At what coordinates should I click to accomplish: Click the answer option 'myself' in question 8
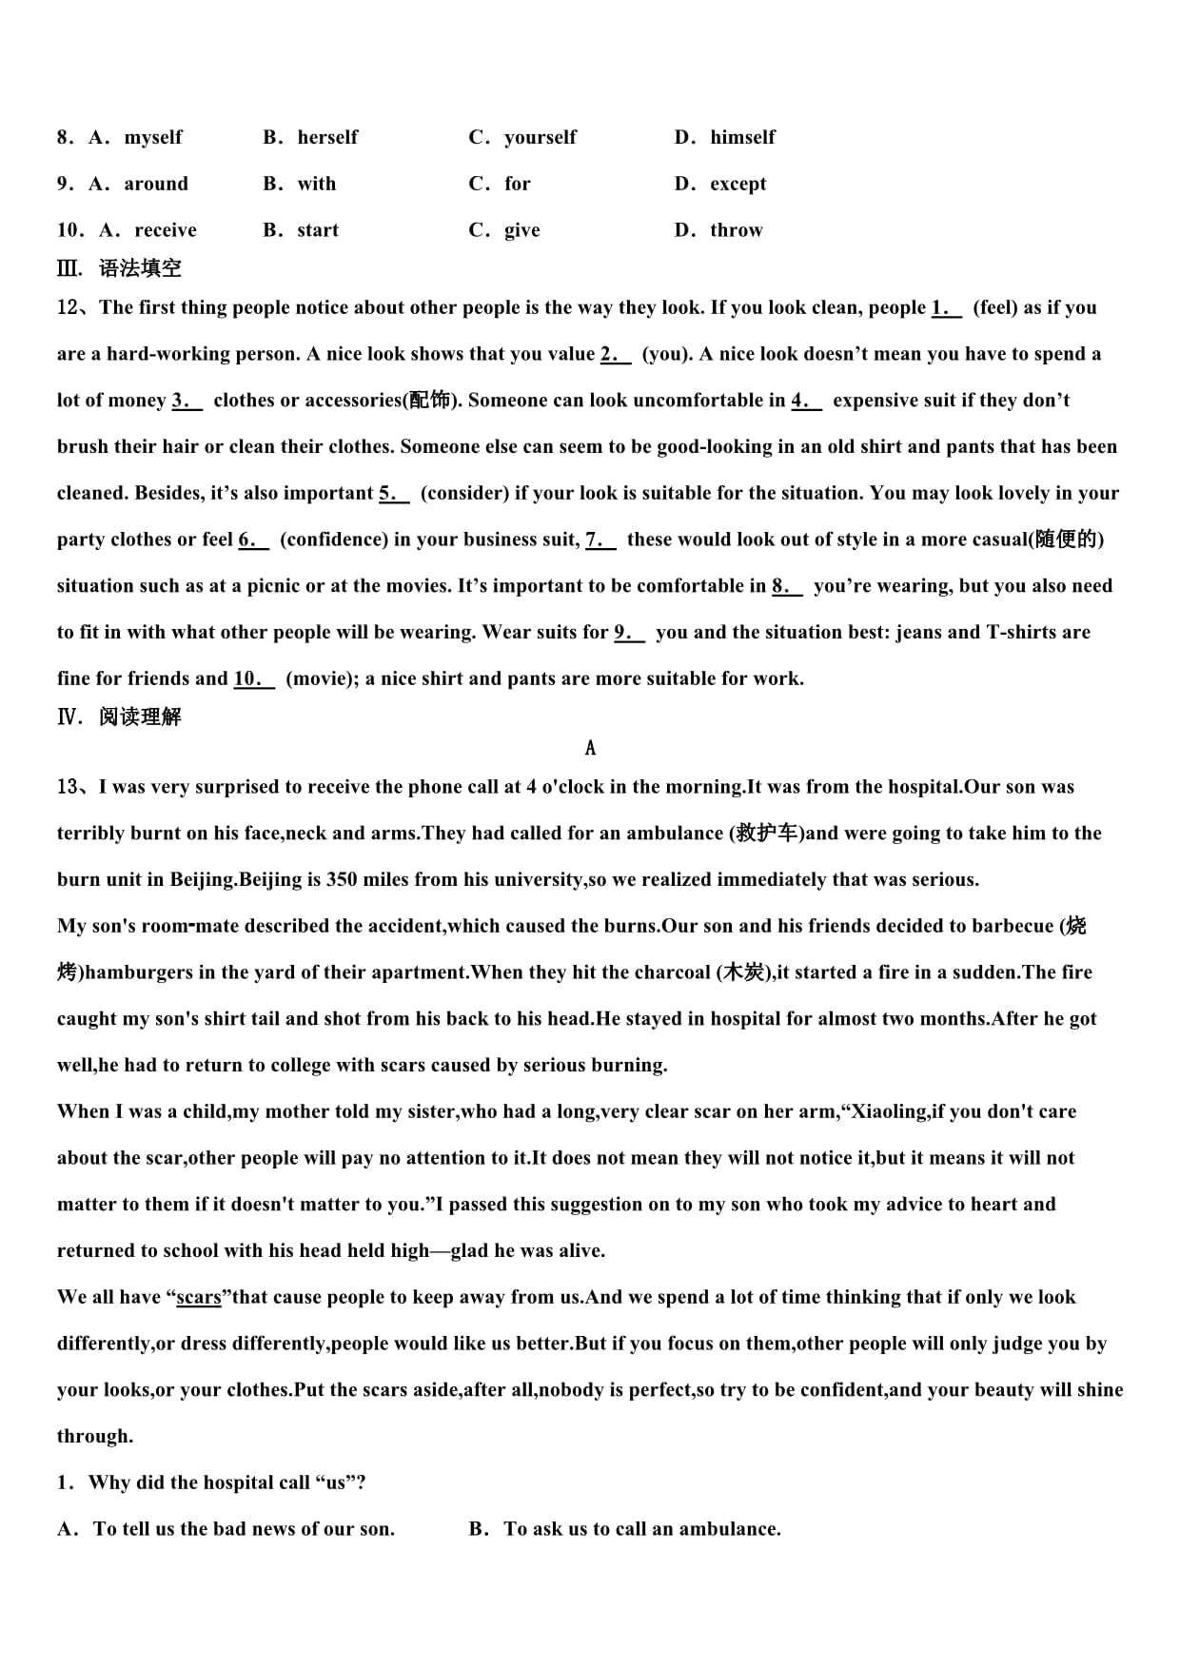coord(152,137)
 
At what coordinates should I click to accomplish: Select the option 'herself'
coord(327,137)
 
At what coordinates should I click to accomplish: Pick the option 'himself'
coord(742,137)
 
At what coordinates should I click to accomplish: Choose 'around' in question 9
coord(156,184)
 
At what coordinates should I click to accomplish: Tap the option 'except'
coord(737,184)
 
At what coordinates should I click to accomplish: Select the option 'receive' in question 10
coord(166,230)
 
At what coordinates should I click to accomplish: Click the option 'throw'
coord(736,230)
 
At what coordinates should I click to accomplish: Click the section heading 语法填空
coord(140,268)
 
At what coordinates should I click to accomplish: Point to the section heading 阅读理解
coord(140,717)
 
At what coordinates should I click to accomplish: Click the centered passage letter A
coord(590,749)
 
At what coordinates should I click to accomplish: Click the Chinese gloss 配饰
coord(429,401)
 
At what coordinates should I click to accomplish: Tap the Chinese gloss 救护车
coord(767,834)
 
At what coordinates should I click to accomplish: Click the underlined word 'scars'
coord(199,1298)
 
